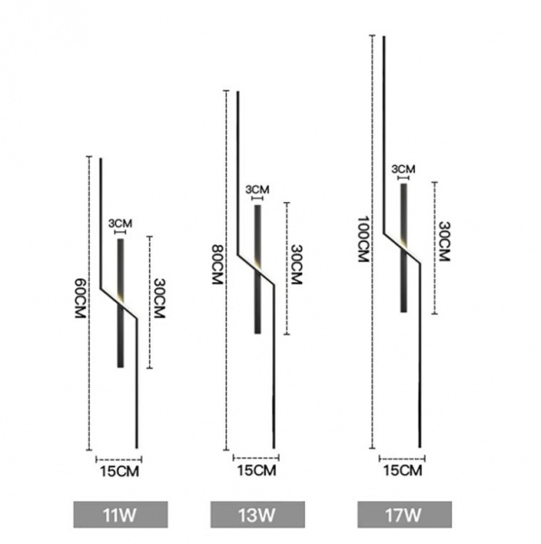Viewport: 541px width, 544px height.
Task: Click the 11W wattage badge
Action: pyautogui.click(x=121, y=514)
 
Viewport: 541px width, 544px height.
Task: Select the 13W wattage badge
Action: pyautogui.click(x=258, y=514)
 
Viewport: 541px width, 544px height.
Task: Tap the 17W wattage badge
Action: pyautogui.click(x=405, y=514)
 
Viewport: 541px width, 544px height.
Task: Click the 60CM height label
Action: pyautogui.click(x=80, y=298)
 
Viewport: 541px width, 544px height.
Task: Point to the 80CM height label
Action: pyautogui.click(x=217, y=265)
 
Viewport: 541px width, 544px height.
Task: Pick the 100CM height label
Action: pyautogui.click(x=363, y=239)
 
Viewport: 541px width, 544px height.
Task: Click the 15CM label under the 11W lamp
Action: pyautogui.click(x=120, y=471)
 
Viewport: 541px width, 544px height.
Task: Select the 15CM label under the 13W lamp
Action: pyautogui.click(x=257, y=471)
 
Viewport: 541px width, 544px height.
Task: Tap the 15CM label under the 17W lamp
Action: pyautogui.click(x=403, y=471)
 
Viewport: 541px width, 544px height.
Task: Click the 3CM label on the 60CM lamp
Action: pyautogui.click(x=120, y=223)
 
